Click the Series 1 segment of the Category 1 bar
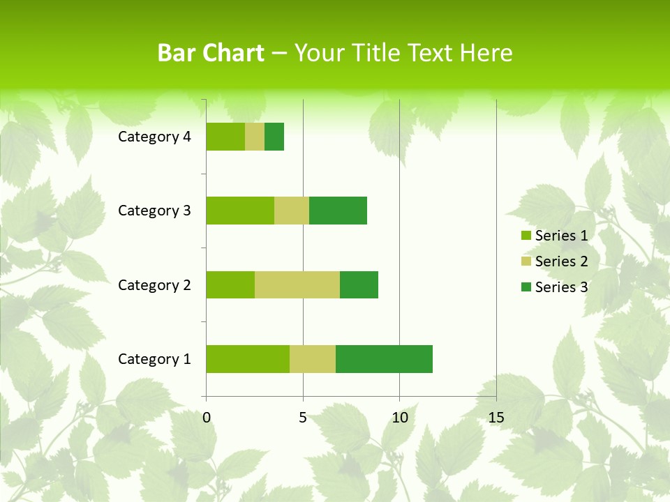248,359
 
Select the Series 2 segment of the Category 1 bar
313,359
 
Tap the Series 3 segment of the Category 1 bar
384,359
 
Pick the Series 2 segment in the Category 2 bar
297,284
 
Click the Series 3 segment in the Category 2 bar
359,284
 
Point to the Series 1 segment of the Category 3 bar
240,211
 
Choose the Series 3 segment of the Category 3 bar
338,211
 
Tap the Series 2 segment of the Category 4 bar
255,137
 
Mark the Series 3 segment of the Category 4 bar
274,137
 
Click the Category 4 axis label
154,137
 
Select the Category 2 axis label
154,284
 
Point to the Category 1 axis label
154,359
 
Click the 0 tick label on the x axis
207,418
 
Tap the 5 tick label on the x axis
303,418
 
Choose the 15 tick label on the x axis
496,418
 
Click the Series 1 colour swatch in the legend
526,236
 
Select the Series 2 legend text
561,261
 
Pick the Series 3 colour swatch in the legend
526,287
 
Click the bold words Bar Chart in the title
211,53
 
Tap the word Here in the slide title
488,53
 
